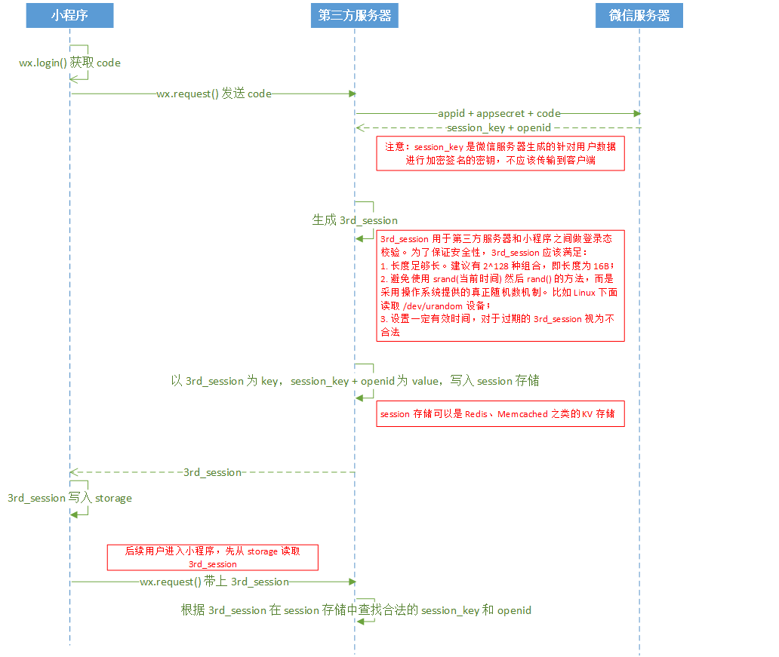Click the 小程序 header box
point(69,16)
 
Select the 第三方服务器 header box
point(355,16)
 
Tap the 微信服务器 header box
point(639,16)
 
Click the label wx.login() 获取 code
point(69,63)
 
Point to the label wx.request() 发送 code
point(214,94)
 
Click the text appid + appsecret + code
point(499,114)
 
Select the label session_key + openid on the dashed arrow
point(499,128)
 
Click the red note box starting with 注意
point(500,153)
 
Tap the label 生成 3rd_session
point(355,220)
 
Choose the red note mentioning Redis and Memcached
point(500,414)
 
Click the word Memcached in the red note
point(522,414)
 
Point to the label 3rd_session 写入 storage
point(69,498)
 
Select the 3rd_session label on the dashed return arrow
point(212,473)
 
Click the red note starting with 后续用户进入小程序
point(212,557)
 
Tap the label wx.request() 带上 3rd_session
point(214,582)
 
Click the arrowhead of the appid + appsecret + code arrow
point(637,114)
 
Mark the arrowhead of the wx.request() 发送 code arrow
point(352,94)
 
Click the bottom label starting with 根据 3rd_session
point(356,610)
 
